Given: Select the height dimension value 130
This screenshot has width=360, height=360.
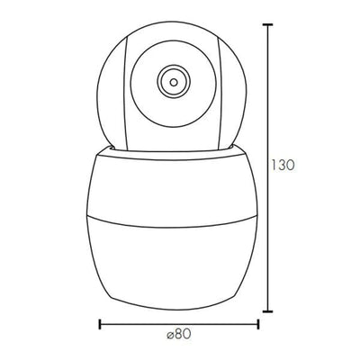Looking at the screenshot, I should pyautogui.click(x=283, y=166).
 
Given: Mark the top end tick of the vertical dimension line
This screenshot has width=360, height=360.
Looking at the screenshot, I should pyautogui.click(x=267, y=24).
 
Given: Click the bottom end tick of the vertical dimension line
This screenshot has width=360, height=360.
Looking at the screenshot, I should pyautogui.click(x=267, y=307).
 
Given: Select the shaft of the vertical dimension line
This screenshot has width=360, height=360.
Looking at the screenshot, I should pyautogui.click(x=267, y=225).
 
